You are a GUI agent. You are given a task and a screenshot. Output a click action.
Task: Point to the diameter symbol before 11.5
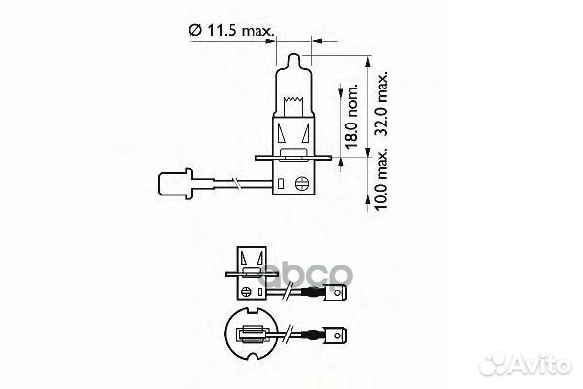197,33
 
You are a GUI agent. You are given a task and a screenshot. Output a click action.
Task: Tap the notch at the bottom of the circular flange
254,359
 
